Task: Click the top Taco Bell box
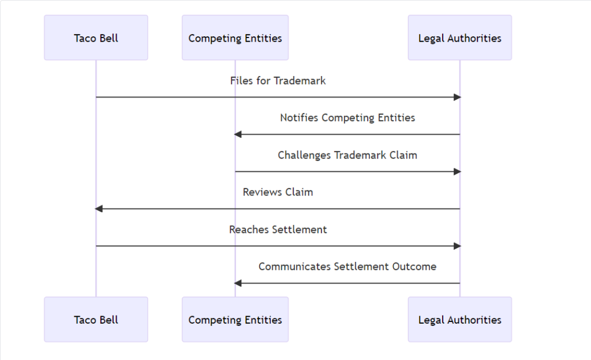click(96, 38)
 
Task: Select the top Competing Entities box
click(235, 38)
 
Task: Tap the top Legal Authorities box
click(459, 38)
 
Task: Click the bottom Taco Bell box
click(96, 320)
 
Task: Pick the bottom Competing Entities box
click(235, 320)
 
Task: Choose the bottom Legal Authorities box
click(459, 320)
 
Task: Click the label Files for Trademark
click(278, 81)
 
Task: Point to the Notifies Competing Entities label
click(347, 118)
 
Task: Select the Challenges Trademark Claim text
click(347, 155)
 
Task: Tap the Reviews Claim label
click(278, 192)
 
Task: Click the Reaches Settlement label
click(278, 230)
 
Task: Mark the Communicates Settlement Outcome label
click(347, 267)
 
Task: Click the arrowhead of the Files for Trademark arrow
click(457, 97)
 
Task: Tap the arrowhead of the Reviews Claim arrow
click(99, 209)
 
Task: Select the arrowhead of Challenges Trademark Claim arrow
click(457, 171)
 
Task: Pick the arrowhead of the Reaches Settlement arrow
click(457, 246)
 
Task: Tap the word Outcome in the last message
click(416, 267)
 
